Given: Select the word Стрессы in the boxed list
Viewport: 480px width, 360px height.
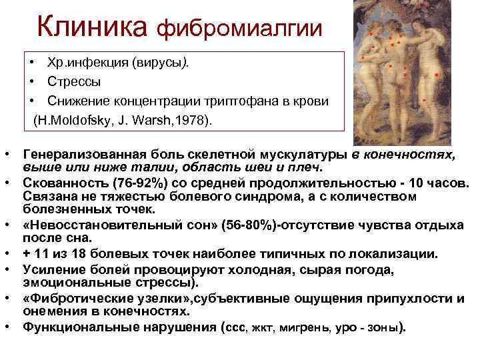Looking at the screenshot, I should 74,82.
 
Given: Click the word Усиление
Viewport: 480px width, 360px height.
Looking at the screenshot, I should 53,269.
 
